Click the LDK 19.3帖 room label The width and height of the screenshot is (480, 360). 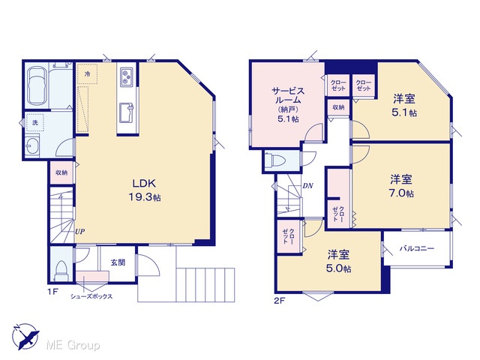145,190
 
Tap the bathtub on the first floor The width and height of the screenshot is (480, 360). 37,86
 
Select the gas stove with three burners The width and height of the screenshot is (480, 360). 127,76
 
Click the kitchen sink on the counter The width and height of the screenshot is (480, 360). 127,112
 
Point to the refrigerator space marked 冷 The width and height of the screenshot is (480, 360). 87,73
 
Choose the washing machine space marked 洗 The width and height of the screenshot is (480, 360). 35,123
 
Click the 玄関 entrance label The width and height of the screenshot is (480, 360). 118,262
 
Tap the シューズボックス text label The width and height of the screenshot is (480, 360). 91,296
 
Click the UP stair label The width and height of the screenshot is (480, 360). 80,232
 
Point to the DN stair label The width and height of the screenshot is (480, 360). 308,186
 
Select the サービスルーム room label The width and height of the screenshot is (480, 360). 288,105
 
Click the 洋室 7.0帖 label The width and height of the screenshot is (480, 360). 402,186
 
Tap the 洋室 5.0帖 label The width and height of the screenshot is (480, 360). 338,262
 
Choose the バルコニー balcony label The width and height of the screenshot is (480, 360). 417,248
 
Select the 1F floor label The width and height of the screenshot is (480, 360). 52,292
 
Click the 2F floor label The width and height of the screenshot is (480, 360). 279,301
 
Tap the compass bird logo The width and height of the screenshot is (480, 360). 25,337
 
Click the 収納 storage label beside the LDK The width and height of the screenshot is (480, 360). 61,172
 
